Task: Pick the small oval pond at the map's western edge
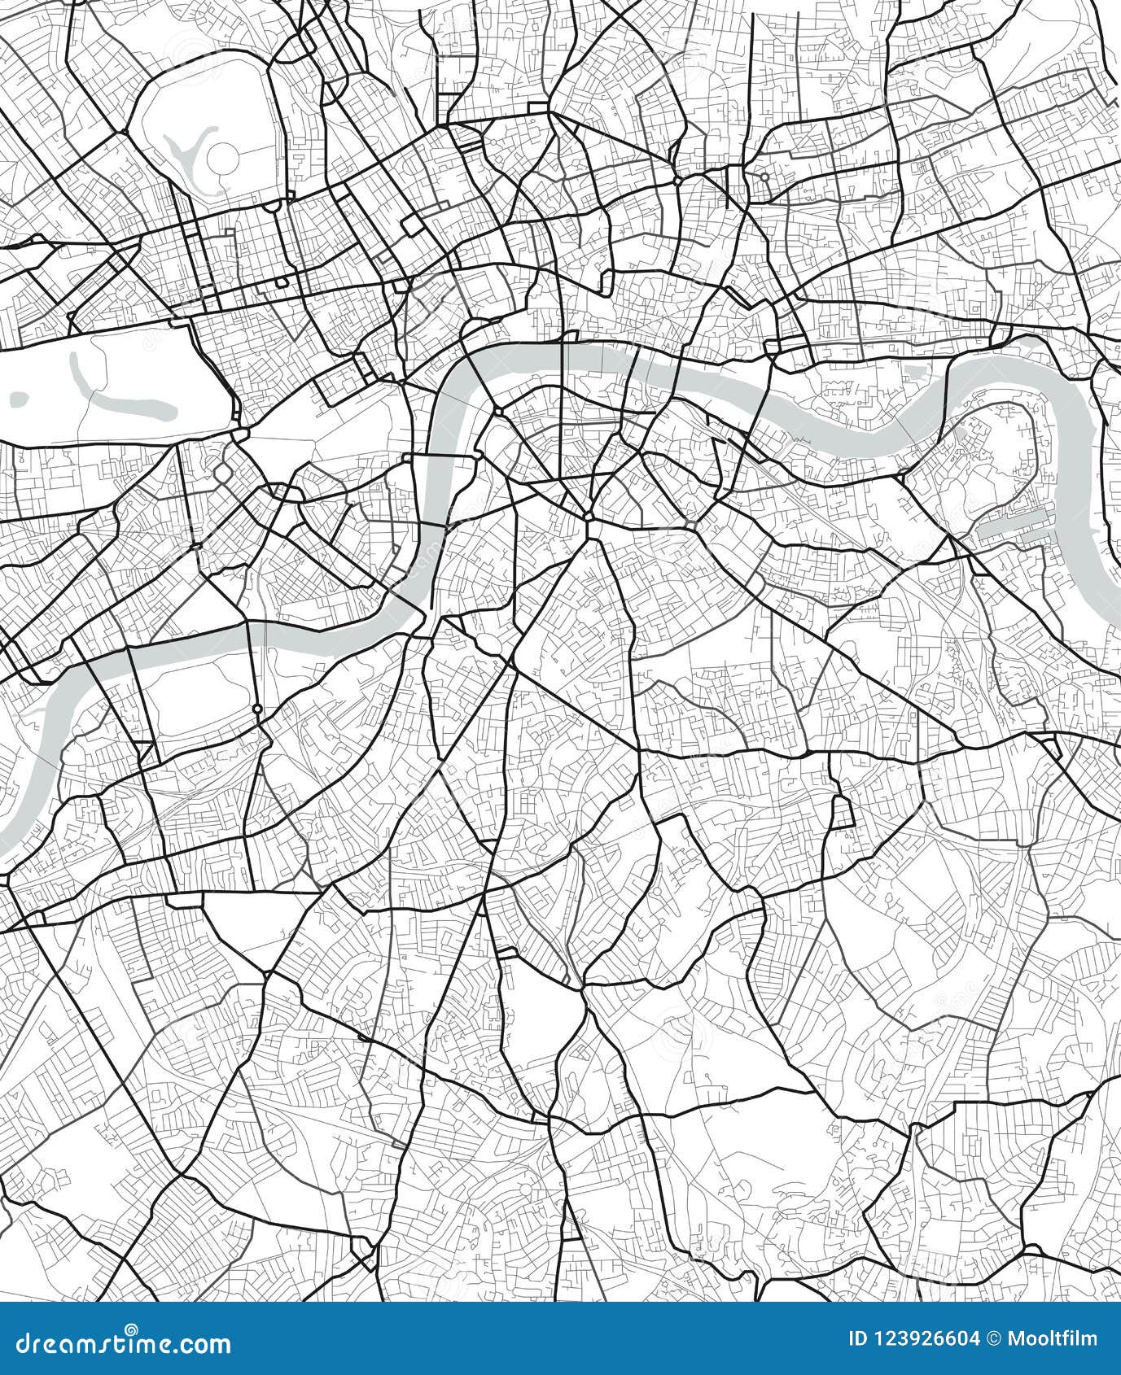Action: pos(19,398)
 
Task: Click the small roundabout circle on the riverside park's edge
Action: pos(257,709)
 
